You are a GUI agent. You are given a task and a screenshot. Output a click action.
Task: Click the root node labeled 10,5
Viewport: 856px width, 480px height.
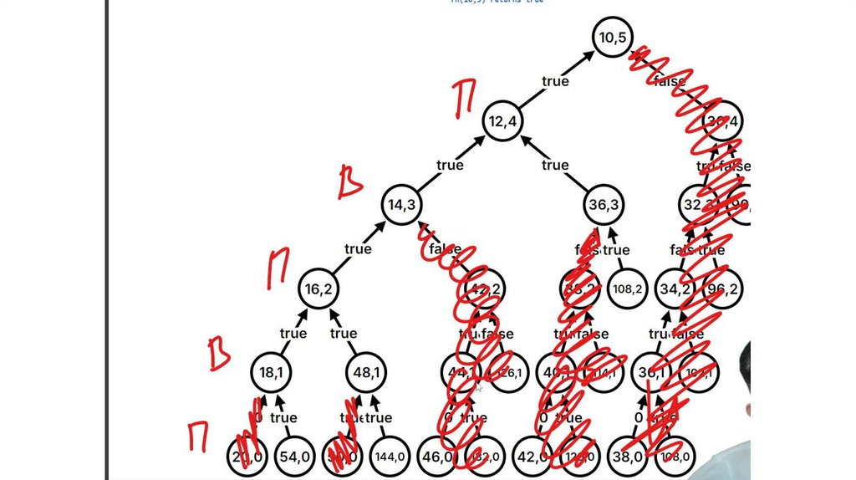[x=614, y=38]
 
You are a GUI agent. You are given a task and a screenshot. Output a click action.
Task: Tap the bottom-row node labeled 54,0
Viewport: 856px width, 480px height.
[x=296, y=457]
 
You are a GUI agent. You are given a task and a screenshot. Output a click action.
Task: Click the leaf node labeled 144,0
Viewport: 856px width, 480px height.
[x=390, y=457]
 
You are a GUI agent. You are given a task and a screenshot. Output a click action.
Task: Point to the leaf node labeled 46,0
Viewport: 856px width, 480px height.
[x=439, y=457]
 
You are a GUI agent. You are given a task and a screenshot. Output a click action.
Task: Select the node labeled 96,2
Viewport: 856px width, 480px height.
[x=721, y=289]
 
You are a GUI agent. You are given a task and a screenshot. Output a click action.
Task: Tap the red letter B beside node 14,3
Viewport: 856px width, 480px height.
[x=349, y=183]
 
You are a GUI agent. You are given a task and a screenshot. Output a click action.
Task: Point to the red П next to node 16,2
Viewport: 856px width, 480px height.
[x=277, y=270]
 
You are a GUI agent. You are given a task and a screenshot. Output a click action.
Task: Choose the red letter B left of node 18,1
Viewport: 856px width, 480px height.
[x=219, y=354]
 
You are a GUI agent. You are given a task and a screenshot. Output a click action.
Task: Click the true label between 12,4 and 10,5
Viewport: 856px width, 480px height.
[x=555, y=81]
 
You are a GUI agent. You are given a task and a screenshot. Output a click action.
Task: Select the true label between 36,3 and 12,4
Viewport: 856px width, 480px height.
[x=555, y=165]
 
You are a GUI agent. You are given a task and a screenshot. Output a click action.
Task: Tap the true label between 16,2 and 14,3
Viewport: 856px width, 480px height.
[x=358, y=248]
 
